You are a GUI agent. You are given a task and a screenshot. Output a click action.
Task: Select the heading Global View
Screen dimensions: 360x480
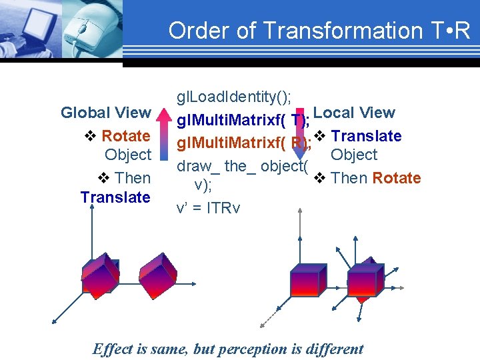tap(105, 113)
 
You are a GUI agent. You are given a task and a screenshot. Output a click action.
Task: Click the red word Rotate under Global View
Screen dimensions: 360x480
tap(125, 136)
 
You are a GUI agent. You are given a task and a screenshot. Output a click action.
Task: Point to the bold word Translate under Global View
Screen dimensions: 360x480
tap(115, 197)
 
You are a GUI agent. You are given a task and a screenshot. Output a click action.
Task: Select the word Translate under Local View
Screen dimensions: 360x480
tap(366, 136)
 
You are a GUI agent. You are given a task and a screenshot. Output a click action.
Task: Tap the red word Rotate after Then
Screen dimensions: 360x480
tap(397, 178)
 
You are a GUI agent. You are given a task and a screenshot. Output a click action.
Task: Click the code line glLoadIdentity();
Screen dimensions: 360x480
tap(233, 97)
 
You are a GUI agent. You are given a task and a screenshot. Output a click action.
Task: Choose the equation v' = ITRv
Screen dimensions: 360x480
tap(208, 208)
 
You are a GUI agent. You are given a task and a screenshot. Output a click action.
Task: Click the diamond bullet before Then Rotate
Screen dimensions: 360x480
tap(319, 178)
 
